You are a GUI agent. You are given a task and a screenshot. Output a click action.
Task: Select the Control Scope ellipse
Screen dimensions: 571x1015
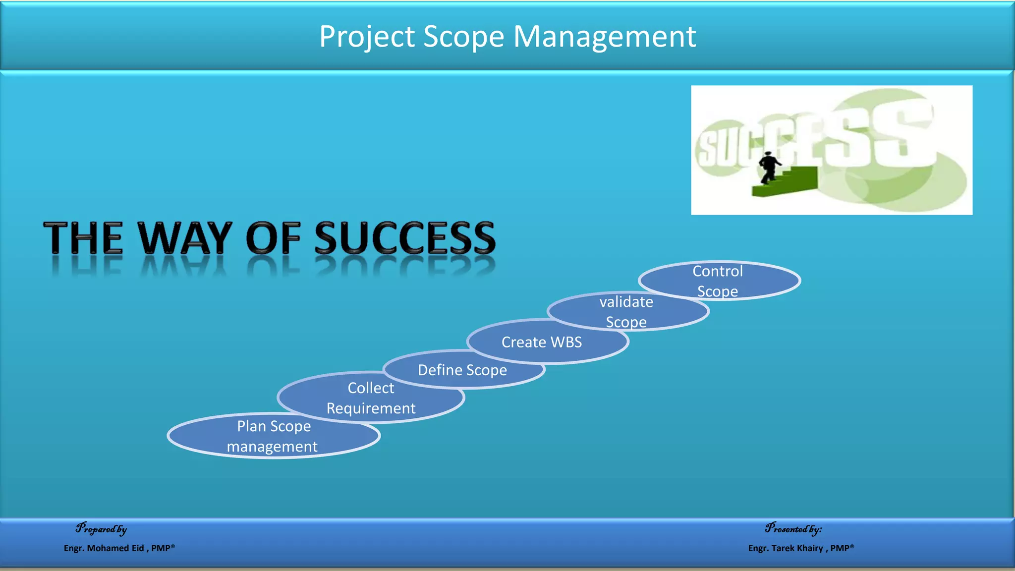(x=719, y=281)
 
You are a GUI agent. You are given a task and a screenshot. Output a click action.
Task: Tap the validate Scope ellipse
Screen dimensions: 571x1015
(x=627, y=311)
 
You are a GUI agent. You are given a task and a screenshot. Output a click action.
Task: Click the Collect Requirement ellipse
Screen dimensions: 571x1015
(x=371, y=398)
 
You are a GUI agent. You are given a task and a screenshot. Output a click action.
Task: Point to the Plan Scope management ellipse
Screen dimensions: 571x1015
(x=274, y=436)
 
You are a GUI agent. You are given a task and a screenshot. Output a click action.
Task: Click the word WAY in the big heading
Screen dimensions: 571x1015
(x=185, y=238)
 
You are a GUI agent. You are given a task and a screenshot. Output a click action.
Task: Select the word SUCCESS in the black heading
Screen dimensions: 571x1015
(x=405, y=238)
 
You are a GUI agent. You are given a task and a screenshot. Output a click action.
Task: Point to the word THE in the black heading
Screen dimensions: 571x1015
(x=83, y=238)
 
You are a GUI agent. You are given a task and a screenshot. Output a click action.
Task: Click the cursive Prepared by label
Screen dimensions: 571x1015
(x=102, y=529)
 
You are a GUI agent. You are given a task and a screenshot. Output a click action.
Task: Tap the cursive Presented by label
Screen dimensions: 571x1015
(x=793, y=529)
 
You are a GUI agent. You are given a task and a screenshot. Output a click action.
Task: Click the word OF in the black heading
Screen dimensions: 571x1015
(x=273, y=238)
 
